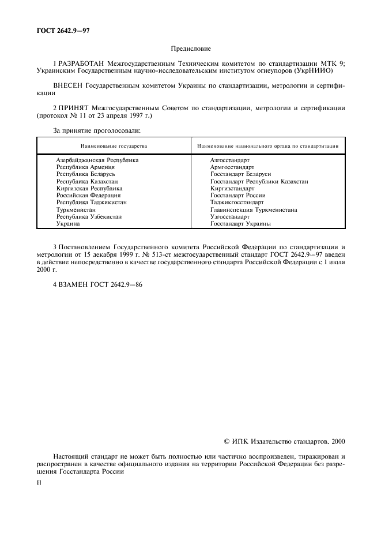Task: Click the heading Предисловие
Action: click(190, 50)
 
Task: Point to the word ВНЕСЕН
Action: click(67, 85)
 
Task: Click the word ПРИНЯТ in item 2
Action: click(73, 107)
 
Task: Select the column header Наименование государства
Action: click(114, 146)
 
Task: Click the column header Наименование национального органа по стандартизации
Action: click(267, 146)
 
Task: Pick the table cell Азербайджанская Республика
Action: click(97, 160)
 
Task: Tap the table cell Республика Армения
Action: click(85, 167)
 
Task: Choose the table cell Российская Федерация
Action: click(88, 196)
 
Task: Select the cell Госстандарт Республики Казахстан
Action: click(259, 181)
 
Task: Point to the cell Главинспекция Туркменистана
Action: click(254, 210)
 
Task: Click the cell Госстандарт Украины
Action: click(240, 224)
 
